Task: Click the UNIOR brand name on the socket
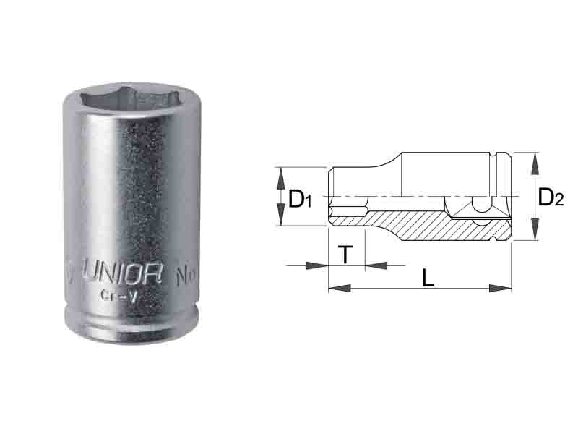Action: [x=119, y=275]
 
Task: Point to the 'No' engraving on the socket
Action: [x=186, y=276]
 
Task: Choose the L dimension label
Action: [x=428, y=278]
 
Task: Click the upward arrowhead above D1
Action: [x=280, y=174]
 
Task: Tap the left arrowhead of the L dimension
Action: [x=337, y=288]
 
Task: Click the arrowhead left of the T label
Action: [x=319, y=265]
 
